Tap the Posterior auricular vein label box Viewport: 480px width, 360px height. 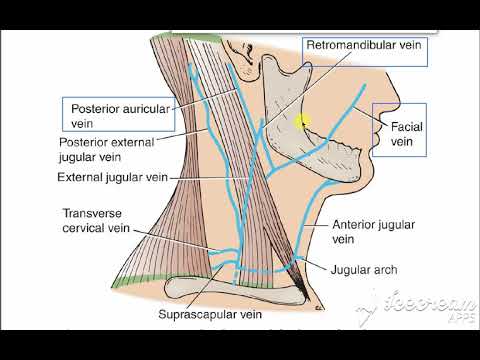(118, 113)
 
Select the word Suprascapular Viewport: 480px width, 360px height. (195, 318)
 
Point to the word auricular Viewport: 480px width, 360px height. (150, 106)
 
